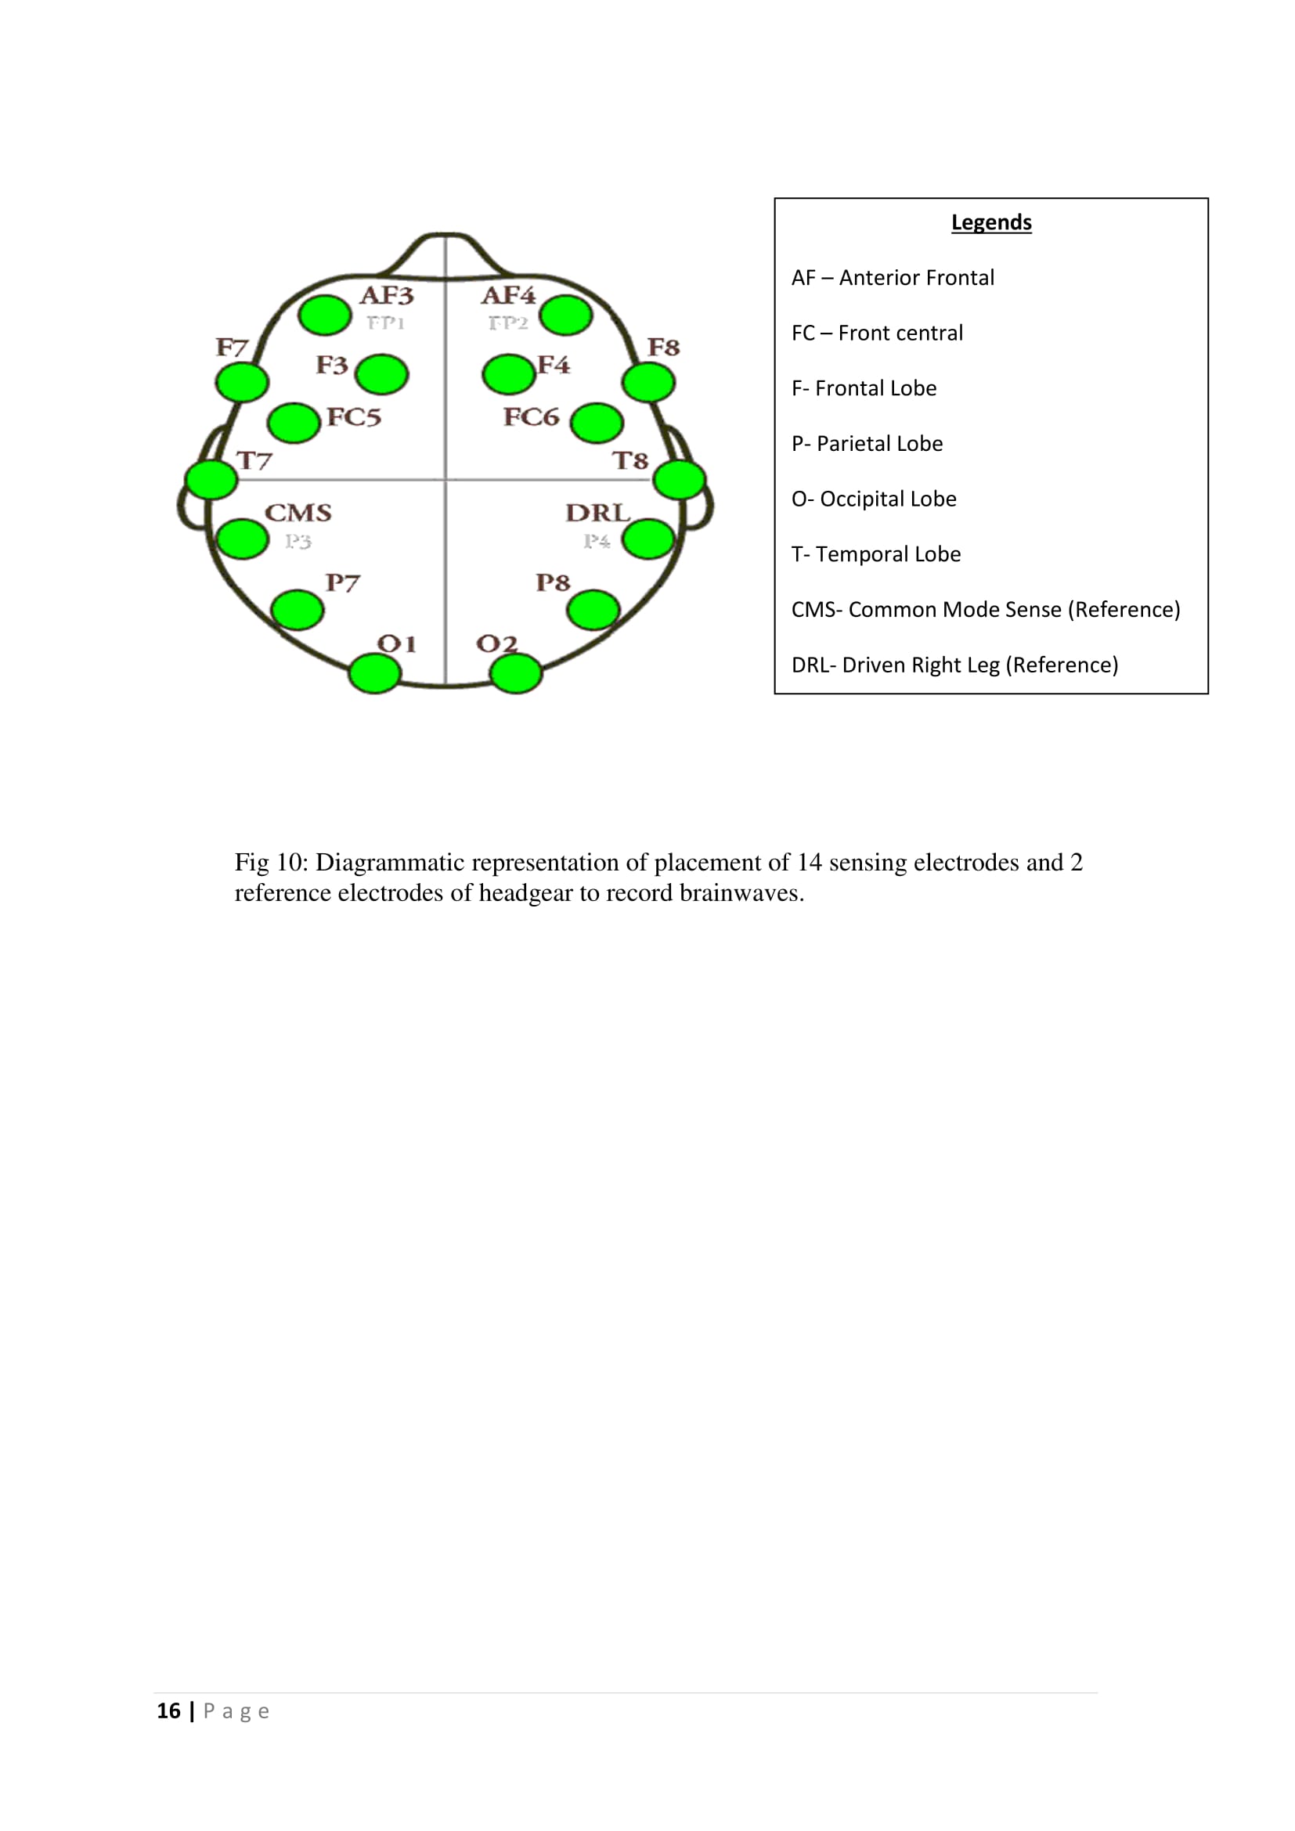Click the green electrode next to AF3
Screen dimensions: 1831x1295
(x=325, y=315)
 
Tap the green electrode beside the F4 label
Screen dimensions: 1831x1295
(x=508, y=374)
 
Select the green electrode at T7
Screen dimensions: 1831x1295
(x=211, y=480)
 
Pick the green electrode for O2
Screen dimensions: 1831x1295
(x=516, y=674)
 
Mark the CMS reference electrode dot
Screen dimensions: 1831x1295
(x=242, y=540)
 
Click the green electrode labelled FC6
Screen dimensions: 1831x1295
(x=597, y=423)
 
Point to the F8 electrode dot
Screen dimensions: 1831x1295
(x=648, y=383)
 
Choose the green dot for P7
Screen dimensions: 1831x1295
(x=298, y=611)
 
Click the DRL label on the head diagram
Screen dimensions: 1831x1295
(x=597, y=513)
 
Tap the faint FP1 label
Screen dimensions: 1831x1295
(x=386, y=323)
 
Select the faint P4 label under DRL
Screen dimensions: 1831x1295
(x=597, y=542)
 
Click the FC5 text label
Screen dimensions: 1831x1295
(x=354, y=417)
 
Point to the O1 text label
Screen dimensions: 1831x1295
(x=396, y=643)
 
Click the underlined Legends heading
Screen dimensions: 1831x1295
(x=991, y=222)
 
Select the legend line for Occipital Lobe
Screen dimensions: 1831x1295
(x=874, y=499)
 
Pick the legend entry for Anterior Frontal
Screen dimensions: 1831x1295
(x=893, y=278)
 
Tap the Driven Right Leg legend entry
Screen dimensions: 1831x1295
(x=954, y=665)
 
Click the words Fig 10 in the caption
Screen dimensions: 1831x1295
(x=270, y=863)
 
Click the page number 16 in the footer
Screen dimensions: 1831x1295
(x=168, y=1710)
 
